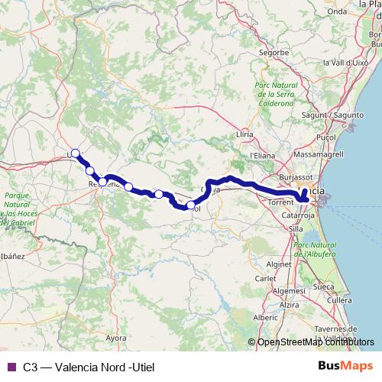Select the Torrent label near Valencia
point(280,202)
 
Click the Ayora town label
point(115,336)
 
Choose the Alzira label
point(289,304)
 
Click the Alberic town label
point(266,316)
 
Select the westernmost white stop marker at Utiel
point(75,153)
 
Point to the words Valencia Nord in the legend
point(80,367)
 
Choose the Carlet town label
point(265,279)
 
